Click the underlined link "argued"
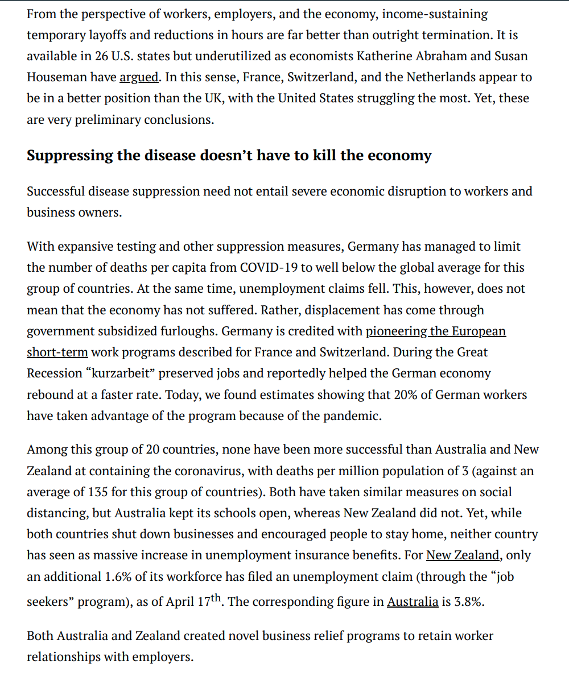click(139, 77)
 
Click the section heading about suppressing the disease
click(229, 156)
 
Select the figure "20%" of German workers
click(406, 394)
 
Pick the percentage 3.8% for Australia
click(469, 602)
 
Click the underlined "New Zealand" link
click(463, 555)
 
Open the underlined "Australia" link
click(413, 602)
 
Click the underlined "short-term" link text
click(57, 352)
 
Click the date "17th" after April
click(209, 601)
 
